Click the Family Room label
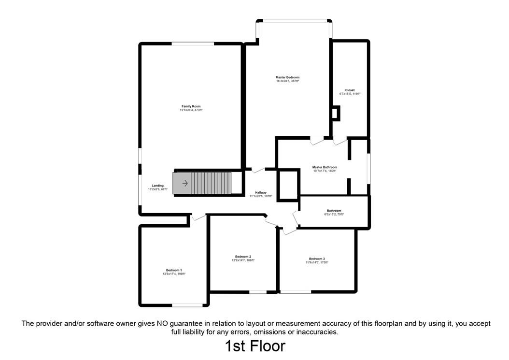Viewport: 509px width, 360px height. (191, 106)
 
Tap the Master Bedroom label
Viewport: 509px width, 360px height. (287, 77)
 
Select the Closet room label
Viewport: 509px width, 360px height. (350, 90)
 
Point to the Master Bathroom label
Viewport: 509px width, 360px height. (325, 167)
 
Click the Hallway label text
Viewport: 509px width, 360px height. (261, 193)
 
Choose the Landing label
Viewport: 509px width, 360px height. (157, 186)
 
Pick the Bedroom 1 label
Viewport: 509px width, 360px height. (174, 270)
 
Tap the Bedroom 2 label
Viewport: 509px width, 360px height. (243, 257)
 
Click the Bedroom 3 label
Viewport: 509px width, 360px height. (317, 259)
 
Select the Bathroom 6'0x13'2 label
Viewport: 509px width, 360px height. (334, 211)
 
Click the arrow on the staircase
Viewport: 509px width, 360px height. (184, 183)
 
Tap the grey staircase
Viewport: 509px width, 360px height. (208, 183)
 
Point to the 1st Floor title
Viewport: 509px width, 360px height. (254, 346)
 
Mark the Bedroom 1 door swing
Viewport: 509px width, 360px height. (198, 217)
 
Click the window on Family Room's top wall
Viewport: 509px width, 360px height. (194, 44)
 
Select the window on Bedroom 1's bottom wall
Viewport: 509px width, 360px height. (188, 305)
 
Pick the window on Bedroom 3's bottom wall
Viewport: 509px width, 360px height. (296, 291)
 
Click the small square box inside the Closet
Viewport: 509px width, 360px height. (335, 114)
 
